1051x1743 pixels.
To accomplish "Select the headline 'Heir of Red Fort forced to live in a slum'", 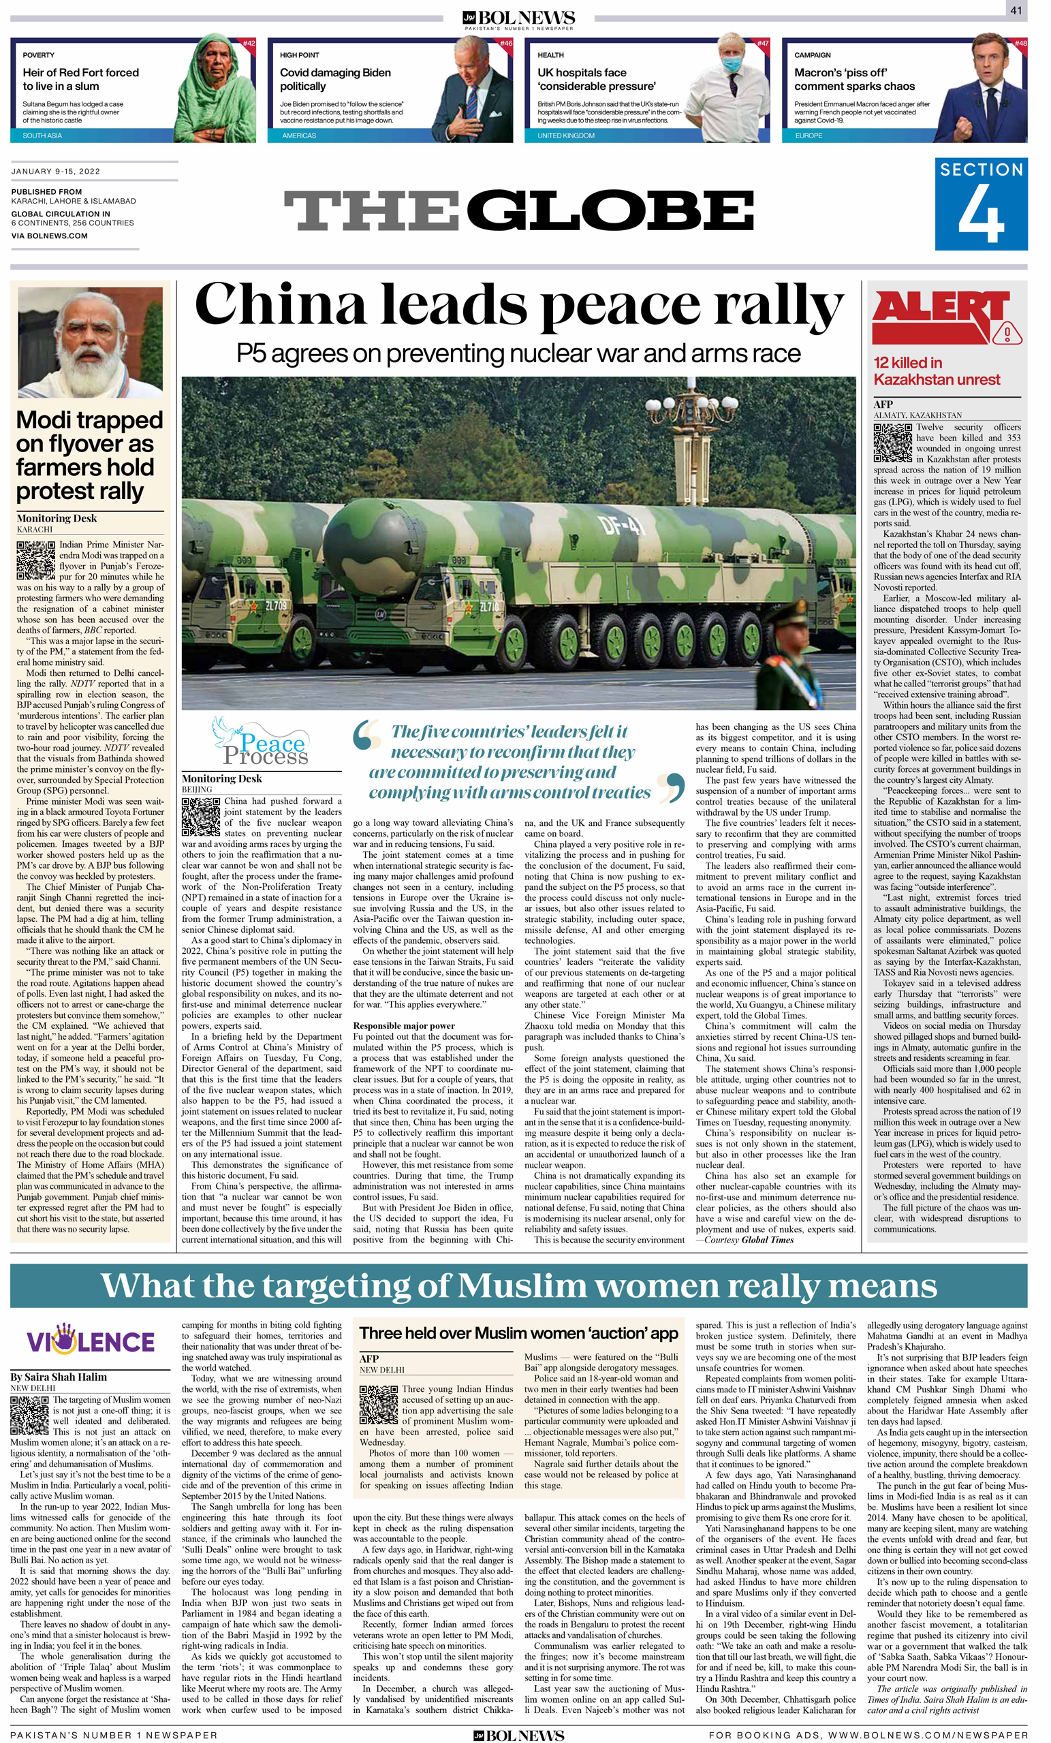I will pyautogui.click(x=80, y=78).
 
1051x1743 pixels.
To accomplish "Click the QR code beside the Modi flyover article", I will pyautogui.click(x=35, y=560).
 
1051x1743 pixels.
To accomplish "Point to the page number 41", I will pyautogui.click(x=1016, y=11).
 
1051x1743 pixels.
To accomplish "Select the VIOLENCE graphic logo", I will pyautogui.click(x=90, y=1341).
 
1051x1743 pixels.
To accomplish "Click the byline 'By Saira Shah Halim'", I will pyautogui.click(x=59, y=1377).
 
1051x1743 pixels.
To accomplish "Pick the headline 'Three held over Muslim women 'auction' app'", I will pyautogui.click(x=518, y=1332).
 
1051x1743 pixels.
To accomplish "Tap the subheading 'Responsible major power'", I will pyautogui.click(x=403, y=1025).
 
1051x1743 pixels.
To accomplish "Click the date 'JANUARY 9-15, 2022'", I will pyautogui.click(x=56, y=171).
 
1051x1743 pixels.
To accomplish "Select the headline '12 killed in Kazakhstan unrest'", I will pyautogui.click(x=937, y=370).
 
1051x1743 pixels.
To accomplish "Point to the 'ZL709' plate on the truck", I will pyautogui.click(x=276, y=605).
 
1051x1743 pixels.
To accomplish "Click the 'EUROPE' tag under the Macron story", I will pyautogui.click(x=809, y=135).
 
